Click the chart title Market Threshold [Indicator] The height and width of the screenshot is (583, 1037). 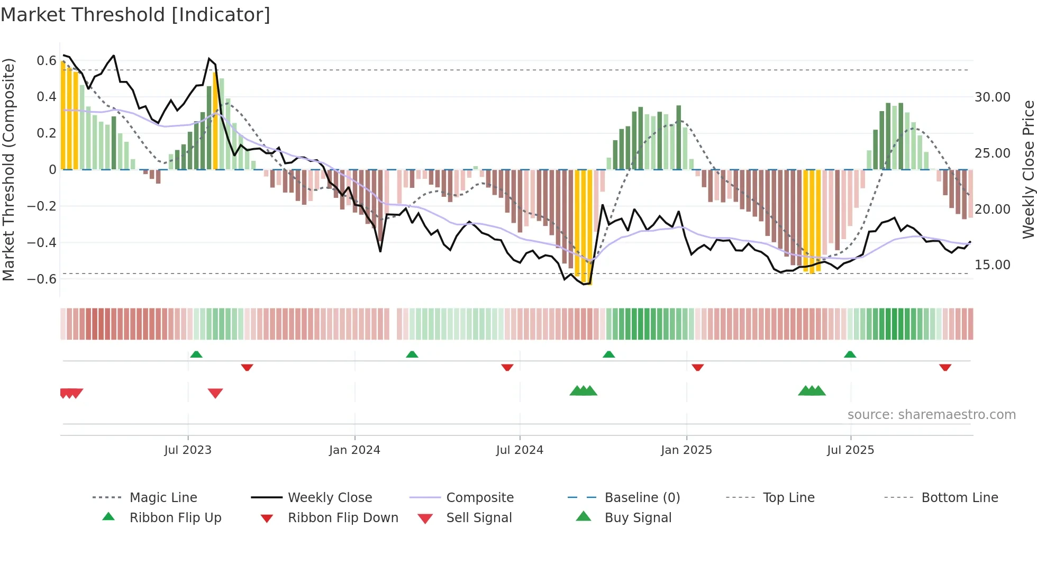click(135, 15)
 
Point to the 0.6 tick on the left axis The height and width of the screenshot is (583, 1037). click(47, 61)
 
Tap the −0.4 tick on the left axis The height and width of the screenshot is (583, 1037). click(42, 242)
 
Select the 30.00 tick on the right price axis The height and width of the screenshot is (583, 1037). click(993, 97)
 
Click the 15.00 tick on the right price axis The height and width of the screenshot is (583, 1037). click(993, 265)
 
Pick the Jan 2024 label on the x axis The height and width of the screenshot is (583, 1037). click(354, 450)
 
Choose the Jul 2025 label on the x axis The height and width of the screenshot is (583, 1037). click(850, 450)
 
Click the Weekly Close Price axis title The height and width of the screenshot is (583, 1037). click(1028, 169)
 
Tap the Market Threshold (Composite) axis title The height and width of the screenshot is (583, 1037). click(8, 169)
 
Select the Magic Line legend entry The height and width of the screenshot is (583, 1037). click(163, 498)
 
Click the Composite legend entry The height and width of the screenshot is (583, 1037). click(479, 498)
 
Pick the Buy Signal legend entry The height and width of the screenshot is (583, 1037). click(638, 518)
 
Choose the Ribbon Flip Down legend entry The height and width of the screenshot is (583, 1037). click(342, 518)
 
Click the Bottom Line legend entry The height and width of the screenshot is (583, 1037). click(959, 498)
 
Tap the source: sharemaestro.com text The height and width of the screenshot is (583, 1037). click(931, 415)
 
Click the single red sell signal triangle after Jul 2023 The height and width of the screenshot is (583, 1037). click(215, 393)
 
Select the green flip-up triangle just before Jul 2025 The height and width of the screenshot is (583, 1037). click(850, 354)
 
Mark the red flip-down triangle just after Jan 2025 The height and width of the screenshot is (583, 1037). click(697, 367)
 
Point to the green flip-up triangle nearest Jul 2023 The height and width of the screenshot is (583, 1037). click(196, 354)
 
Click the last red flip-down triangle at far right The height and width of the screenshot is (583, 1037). click(945, 367)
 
